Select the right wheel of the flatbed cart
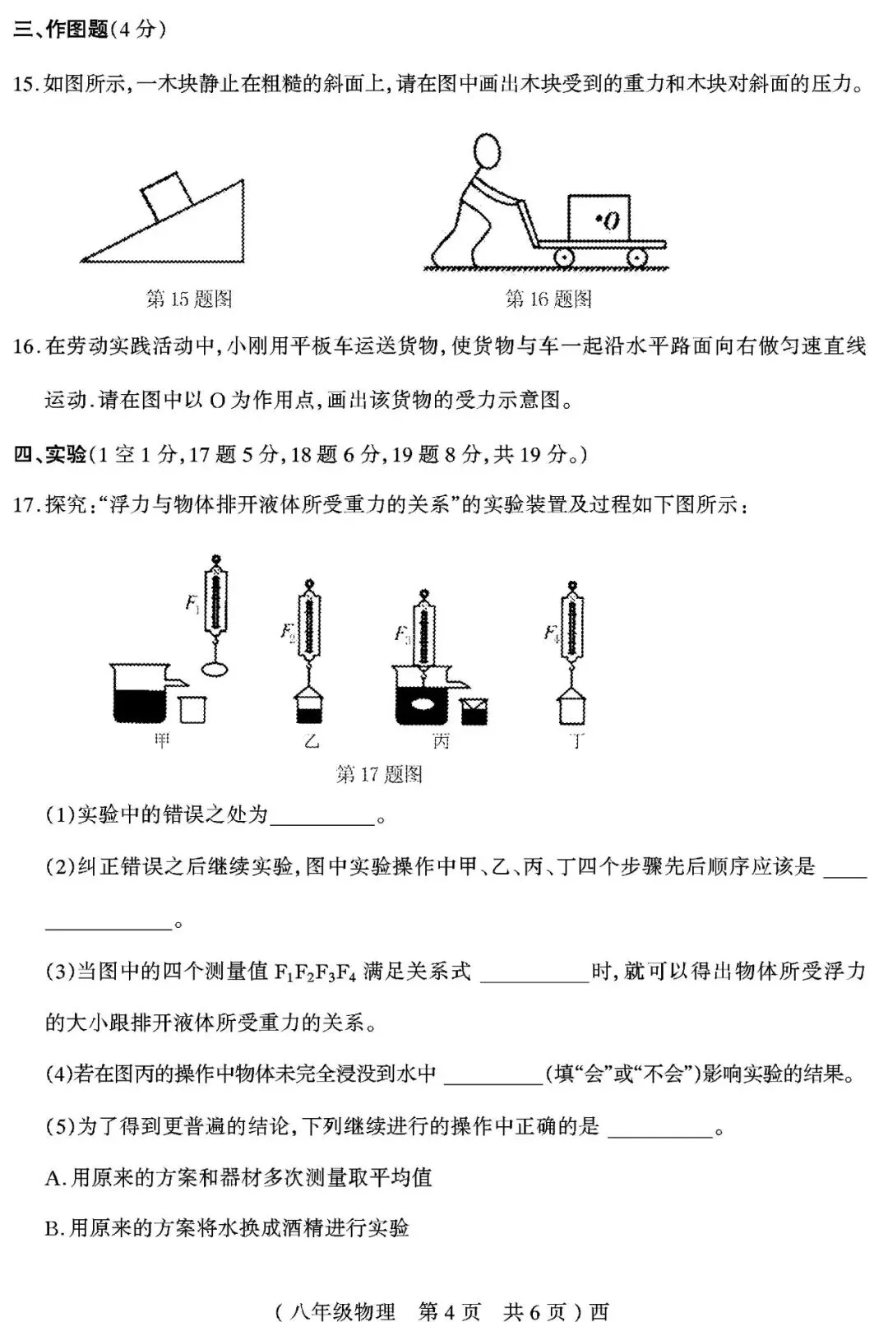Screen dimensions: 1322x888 [636, 257]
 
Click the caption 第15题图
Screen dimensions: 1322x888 [189, 299]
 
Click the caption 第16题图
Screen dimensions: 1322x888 [548, 299]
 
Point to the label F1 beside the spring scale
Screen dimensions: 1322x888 [192, 604]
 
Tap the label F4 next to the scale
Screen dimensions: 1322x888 [551, 633]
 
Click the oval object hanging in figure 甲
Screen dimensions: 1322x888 [215, 669]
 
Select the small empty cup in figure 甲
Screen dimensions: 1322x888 [192, 708]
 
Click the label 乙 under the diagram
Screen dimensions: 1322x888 [311, 741]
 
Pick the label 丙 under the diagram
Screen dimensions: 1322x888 [442, 741]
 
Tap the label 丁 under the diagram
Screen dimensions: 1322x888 [577, 741]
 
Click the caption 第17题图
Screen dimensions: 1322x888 [379, 774]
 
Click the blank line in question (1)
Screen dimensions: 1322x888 [321, 819]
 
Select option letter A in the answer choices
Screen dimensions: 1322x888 [53, 1178]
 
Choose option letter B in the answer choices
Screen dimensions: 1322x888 [53, 1228]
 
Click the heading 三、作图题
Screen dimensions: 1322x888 [62, 30]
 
